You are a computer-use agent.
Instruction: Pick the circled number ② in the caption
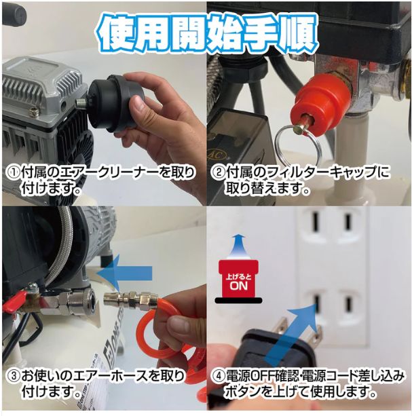pyautogui.click(x=218, y=173)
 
